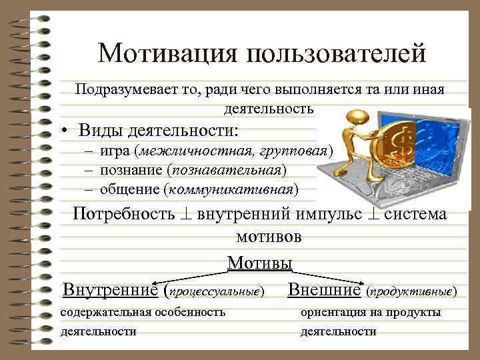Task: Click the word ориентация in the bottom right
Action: (329, 312)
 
